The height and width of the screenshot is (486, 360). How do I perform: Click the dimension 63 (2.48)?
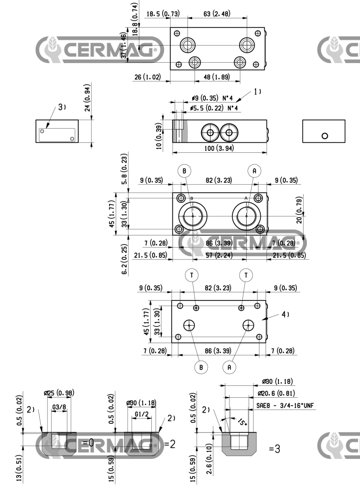(217, 14)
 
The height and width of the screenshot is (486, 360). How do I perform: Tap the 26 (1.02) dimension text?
(148, 77)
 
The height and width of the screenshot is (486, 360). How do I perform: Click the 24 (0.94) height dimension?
(89, 97)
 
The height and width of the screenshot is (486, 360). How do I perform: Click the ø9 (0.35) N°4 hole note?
(212, 98)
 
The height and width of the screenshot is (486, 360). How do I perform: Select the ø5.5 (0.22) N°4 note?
(213, 109)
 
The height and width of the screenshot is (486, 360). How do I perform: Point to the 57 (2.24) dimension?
(220, 255)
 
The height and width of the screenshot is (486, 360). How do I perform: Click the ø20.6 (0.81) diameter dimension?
(277, 393)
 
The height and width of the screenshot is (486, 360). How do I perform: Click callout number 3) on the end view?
(62, 107)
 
